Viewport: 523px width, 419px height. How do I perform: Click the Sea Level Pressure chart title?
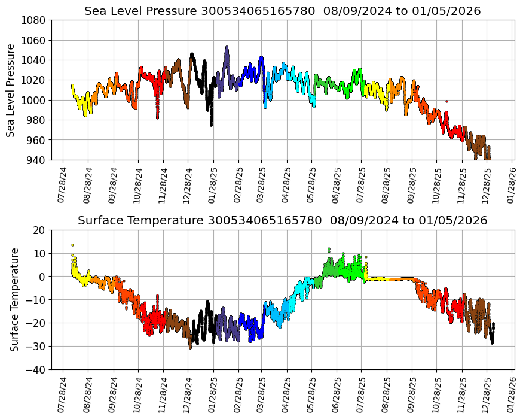point(282,11)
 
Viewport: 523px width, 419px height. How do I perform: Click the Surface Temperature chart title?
point(282,220)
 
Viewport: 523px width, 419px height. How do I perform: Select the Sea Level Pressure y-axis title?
point(11,90)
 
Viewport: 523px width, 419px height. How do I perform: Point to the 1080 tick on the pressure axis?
point(35,20)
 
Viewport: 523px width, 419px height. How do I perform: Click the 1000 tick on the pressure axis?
point(35,100)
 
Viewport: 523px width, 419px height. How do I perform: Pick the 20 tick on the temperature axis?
point(40,230)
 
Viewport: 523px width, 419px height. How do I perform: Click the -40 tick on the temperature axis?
point(37,370)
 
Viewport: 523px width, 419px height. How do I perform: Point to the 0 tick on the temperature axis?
point(42,277)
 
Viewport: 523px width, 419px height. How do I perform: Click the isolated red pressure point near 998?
point(446,101)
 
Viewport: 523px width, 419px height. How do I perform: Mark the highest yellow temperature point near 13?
point(72,245)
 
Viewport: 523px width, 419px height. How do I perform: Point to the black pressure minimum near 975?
point(211,125)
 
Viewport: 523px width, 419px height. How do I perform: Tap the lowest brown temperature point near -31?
point(191,347)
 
